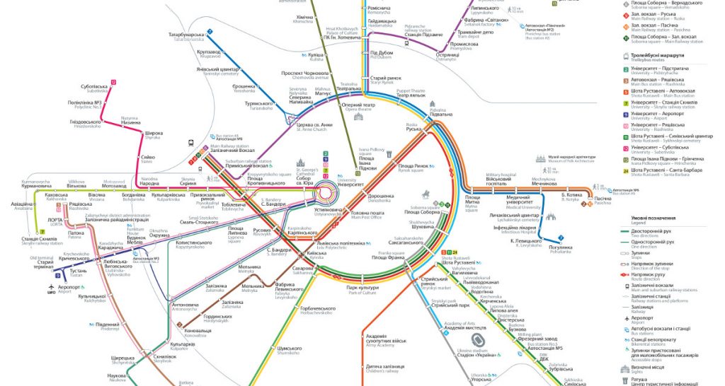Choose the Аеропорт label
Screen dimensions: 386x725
[x=68, y=287]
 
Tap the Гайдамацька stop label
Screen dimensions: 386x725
[x=382, y=21]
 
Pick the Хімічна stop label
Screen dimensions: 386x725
[x=304, y=17]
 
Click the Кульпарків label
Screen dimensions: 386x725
[x=182, y=344]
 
